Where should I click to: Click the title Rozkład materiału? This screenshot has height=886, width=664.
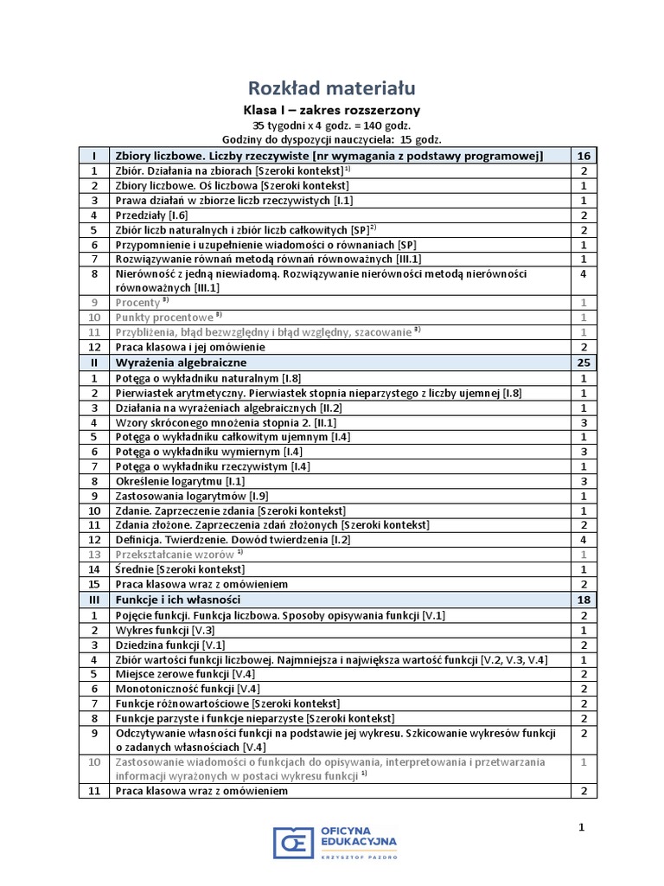click(332, 87)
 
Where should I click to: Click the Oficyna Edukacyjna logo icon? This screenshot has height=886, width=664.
click(292, 843)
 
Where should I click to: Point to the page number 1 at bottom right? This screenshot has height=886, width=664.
click(582, 827)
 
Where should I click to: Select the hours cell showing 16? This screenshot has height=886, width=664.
click(584, 156)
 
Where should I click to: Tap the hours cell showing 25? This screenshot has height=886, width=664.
click(584, 363)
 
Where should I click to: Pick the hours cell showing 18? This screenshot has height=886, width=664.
click(584, 600)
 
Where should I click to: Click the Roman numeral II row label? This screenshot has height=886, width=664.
click(93, 363)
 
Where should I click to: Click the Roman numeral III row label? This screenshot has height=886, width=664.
click(93, 600)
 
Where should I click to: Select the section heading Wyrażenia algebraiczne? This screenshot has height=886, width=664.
click(181, 363)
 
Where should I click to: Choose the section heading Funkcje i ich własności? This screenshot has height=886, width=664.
click(177, 600)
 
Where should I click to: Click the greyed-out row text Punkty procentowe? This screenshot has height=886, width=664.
click(163, 318)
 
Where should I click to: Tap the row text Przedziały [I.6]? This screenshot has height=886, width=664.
click(151, 215)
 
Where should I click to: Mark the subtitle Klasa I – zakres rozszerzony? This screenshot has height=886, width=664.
click(332, 110)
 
